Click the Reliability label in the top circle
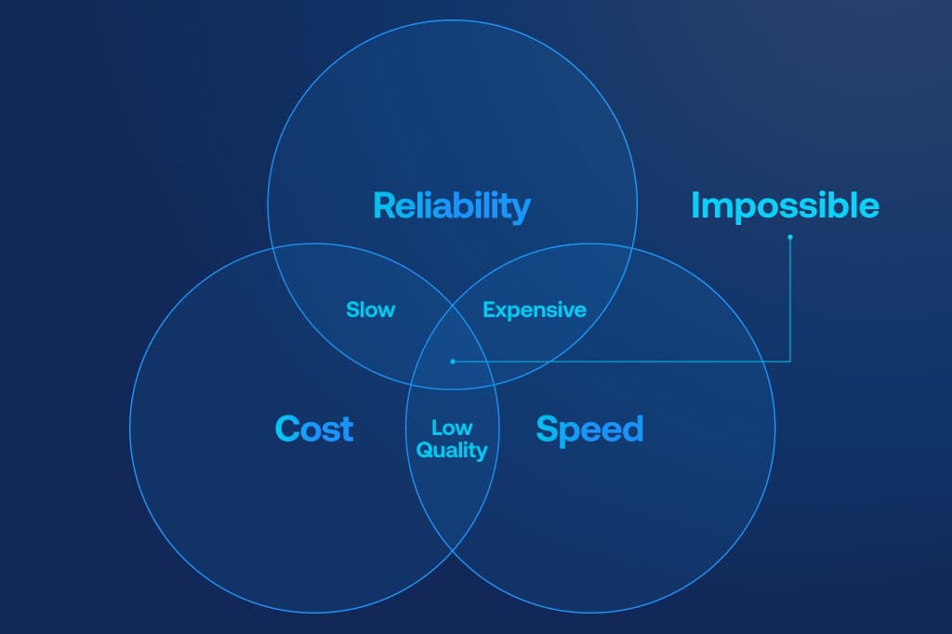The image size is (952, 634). click(451, 205)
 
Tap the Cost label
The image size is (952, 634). click(314, 429)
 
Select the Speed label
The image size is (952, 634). click(589, 429)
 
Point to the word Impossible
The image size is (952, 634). click(785, 205)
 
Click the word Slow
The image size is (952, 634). click(370, 310)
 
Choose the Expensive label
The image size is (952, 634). click(535, 310)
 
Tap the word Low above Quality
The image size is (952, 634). click(452, 428)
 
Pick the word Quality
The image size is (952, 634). click(452, 451)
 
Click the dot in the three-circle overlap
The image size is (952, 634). click(452, 361)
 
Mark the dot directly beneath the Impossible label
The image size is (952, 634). click(790, 237)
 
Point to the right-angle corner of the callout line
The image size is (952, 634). click(790, 361)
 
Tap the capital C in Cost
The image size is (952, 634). click(288, 429)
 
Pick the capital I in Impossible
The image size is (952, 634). click(695, 205)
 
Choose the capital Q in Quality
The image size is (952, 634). click(424, 451)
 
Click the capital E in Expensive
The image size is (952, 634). click(488, 310)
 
